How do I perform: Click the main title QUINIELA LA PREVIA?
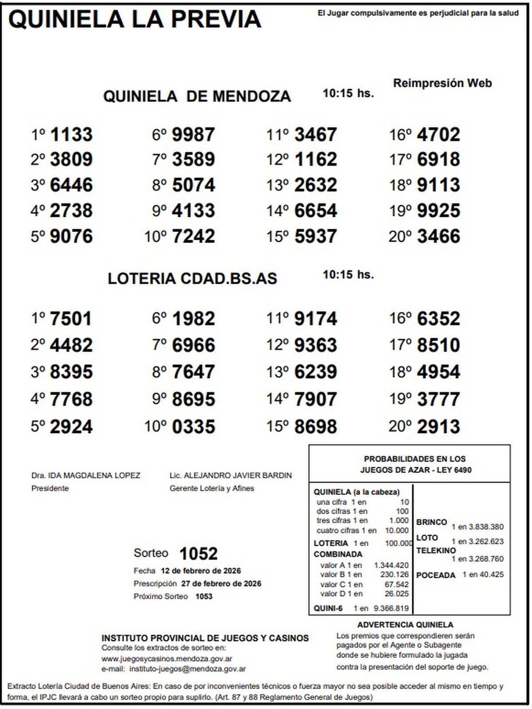click(135, 20)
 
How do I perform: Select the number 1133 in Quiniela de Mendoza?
click(71, 134)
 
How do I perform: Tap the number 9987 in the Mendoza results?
click(193, 134)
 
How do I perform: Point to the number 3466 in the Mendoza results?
click(438, 236)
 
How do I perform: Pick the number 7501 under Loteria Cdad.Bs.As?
click(70, 319)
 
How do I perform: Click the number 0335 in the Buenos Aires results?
click(193, 427)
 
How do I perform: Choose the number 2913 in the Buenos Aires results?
click(438, 427)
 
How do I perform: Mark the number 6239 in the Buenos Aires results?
click(316, 372)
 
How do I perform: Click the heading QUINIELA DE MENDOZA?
click(197, 96)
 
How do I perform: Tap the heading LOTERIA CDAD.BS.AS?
click(192, 278)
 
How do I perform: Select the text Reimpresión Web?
click(442, 83)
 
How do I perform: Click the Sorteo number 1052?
click(198, 554)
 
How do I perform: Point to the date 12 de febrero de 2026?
click(201, 571)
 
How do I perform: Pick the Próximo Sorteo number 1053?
click(204, 596)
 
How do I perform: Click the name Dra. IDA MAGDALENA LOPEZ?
click(86, 475)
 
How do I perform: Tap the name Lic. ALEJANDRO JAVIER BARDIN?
click(231, 475)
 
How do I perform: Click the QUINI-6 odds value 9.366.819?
click(391, 608)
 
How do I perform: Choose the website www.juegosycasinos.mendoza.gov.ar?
click(167, 659)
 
